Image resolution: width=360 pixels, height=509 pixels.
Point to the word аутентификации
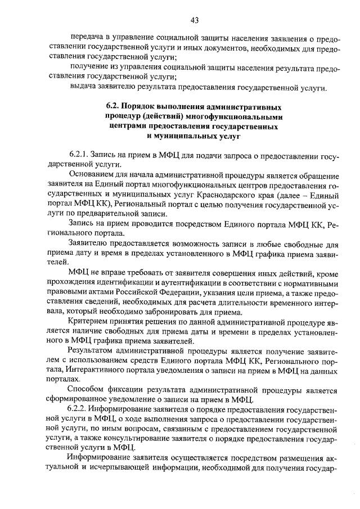coord(182,283)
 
